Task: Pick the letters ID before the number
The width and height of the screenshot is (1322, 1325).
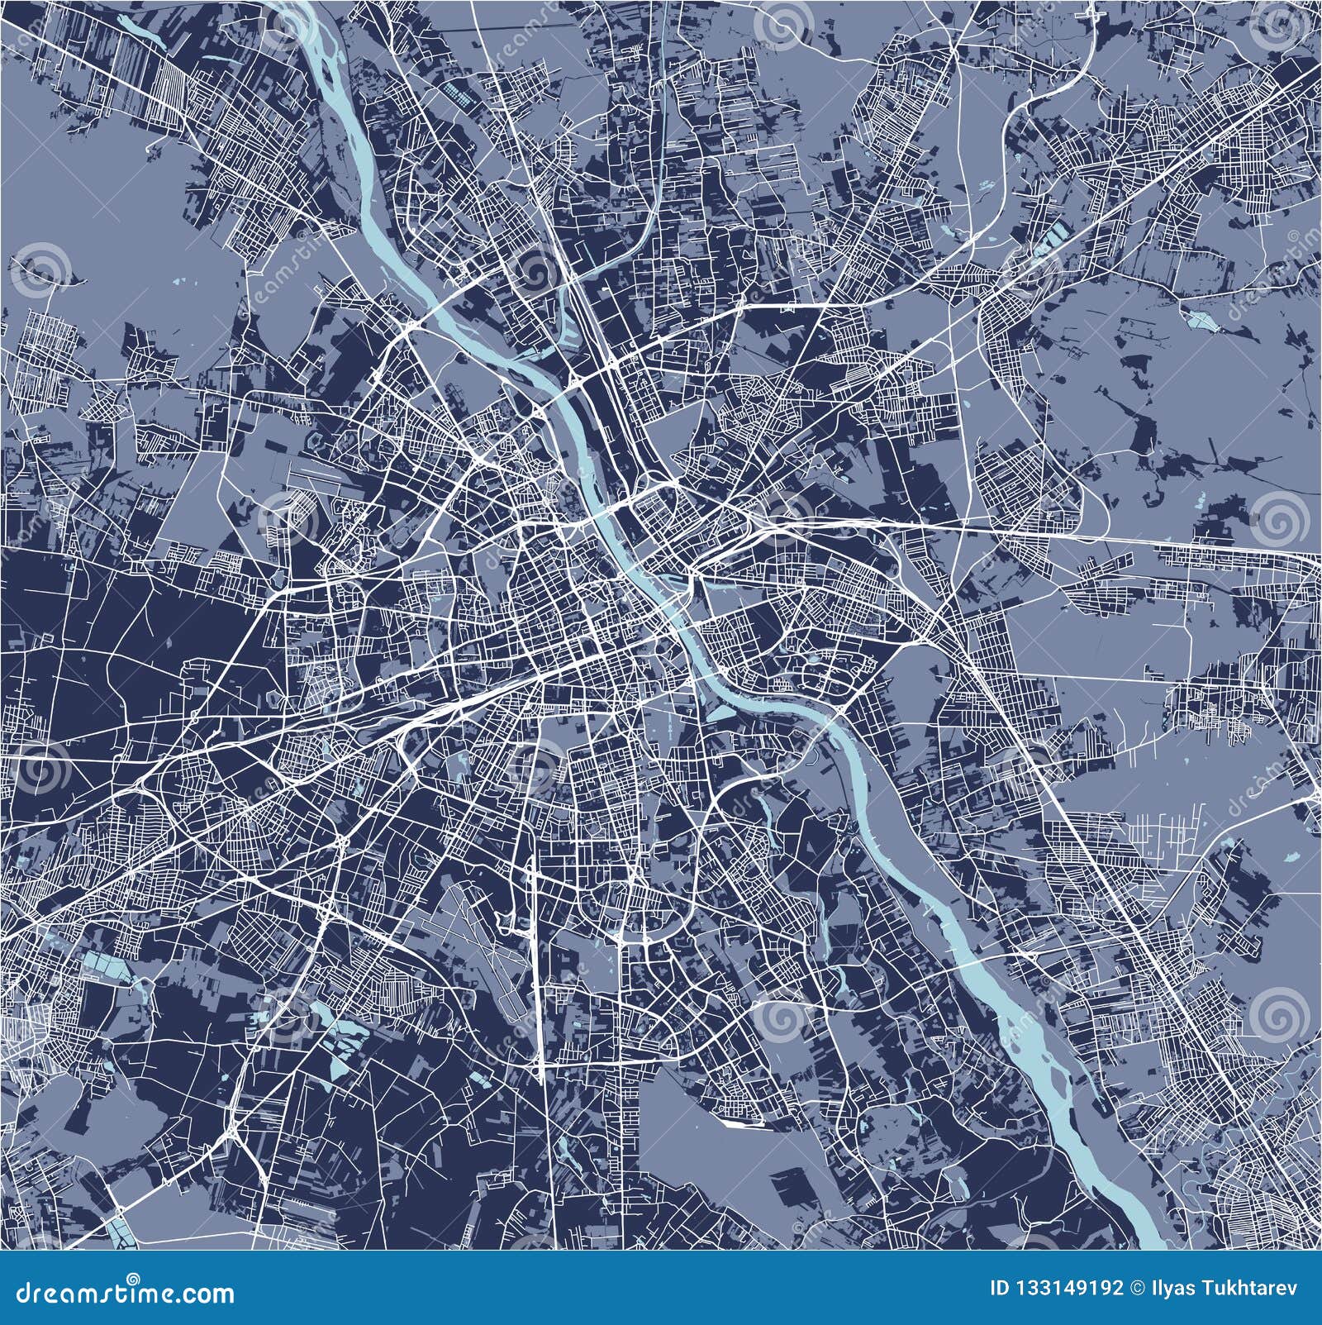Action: [x=1000, y=1289]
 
